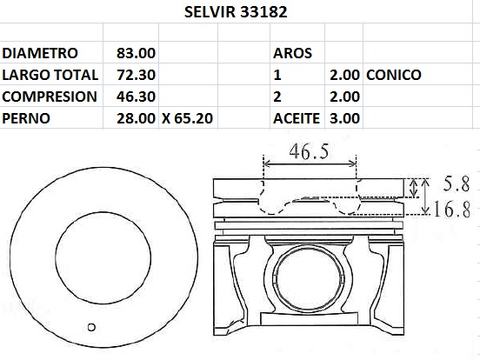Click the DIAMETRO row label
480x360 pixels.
41,53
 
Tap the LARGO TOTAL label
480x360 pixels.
51,75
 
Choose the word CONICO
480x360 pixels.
394,75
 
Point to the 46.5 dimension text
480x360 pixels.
309,151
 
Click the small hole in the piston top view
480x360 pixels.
90,327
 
